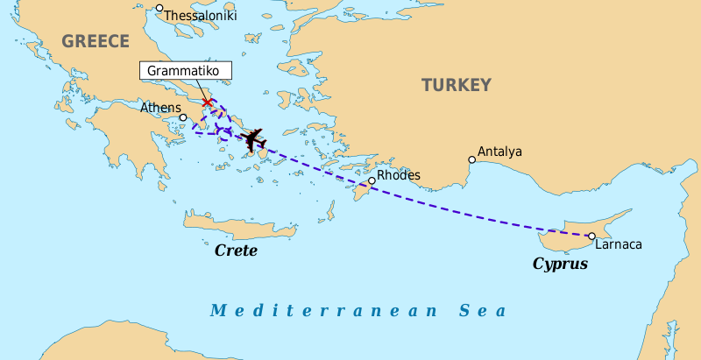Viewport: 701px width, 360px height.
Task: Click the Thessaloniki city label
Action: [200, 16]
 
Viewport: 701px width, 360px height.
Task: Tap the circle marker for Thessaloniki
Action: [159, 9]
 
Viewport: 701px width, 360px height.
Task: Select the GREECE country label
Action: [96, 41]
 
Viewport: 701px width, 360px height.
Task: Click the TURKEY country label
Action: [456, 85]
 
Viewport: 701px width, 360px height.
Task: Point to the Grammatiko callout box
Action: [185, 69]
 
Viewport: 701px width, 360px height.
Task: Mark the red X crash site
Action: [208, 103]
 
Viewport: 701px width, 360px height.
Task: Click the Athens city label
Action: [160, 108]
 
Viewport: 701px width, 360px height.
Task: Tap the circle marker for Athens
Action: [183, 117]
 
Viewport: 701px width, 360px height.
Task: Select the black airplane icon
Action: [254, 139]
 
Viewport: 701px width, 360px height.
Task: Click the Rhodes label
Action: [399, 175]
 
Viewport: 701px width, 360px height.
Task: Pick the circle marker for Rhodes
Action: [372, 181]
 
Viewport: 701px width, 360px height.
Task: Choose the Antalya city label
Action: [499, 152]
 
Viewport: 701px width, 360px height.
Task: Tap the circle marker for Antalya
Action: [472, 159]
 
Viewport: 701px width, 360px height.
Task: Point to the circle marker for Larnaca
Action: [591, 236]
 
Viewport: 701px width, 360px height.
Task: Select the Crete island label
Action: [236, 251]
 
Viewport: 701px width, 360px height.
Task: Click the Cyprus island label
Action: [560, 263]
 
